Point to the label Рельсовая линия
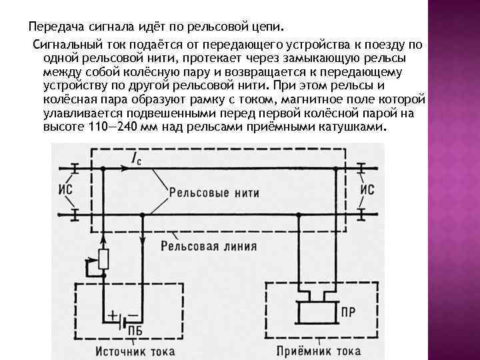click(x=208, y=245)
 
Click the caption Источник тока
click(x=138, y=349)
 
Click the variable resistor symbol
click(x=103, y=259)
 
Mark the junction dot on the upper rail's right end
click(x=335, y=169)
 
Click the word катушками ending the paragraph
click(x=354, y=127)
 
